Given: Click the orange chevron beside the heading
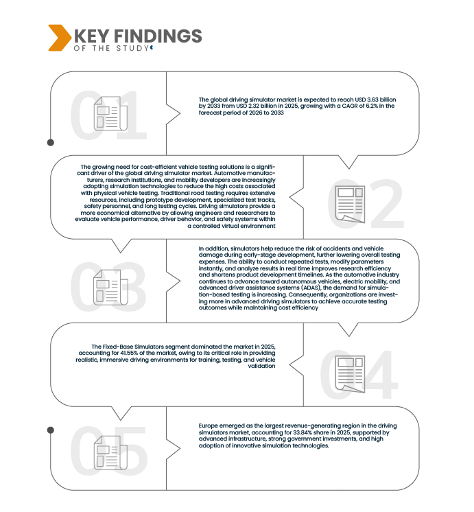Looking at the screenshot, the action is (59, 38).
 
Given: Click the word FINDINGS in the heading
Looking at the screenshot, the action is (158, 36).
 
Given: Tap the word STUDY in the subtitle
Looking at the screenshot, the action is (132, 48).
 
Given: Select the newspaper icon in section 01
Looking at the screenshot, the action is (110, 114).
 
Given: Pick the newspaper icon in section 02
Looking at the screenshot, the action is (350, 205).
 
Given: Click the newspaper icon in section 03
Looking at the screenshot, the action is (110, 288).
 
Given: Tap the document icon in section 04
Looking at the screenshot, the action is (350, 374).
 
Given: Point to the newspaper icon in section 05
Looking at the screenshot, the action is (110, 453).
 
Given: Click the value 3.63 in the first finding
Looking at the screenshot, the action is (372, 100).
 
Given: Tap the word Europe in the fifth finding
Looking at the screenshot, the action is (209, 426).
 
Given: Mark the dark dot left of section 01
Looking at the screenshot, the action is (51, 142).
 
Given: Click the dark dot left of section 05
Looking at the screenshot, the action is (51, 430).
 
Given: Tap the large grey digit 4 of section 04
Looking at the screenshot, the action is (380, 375).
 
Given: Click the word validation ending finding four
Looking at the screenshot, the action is (261, 366).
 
